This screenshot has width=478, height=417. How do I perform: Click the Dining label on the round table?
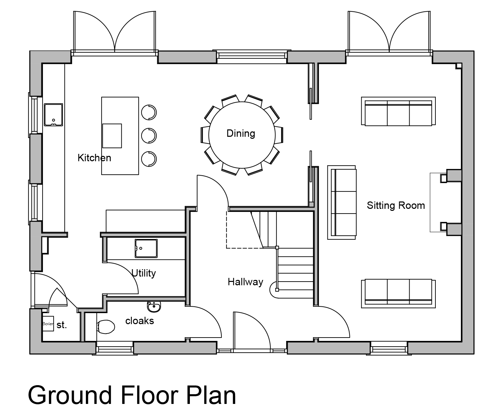[x=241, y=133]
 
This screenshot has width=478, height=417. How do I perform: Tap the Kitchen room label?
[x=94, y=158]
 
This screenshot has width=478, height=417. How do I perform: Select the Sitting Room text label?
[x=396, y=205]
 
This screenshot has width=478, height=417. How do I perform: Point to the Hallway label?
[x=245, y=282]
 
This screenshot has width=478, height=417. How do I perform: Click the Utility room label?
[x=144, y=273]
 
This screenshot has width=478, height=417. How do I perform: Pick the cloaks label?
[x=140, y=321]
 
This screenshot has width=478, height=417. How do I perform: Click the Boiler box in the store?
[x=48, y=323]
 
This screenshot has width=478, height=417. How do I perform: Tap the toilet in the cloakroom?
[x=106, y=326]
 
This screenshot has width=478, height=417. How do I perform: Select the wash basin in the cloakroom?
[x=154, y=306]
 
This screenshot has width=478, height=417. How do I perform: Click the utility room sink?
[x=146, y=248]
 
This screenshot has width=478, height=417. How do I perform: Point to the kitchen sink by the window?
[x=53, y=115]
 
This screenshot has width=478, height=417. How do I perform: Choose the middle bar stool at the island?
[x=149, y=136]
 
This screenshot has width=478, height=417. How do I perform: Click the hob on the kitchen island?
[x=112, y=136]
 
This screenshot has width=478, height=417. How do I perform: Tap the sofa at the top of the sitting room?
[x=399, y=111]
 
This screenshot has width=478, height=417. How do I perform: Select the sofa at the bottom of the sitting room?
[x=399, y=294]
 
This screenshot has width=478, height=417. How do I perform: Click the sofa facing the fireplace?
[x=342, y=202]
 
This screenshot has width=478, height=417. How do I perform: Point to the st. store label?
[x=62, y=325]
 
